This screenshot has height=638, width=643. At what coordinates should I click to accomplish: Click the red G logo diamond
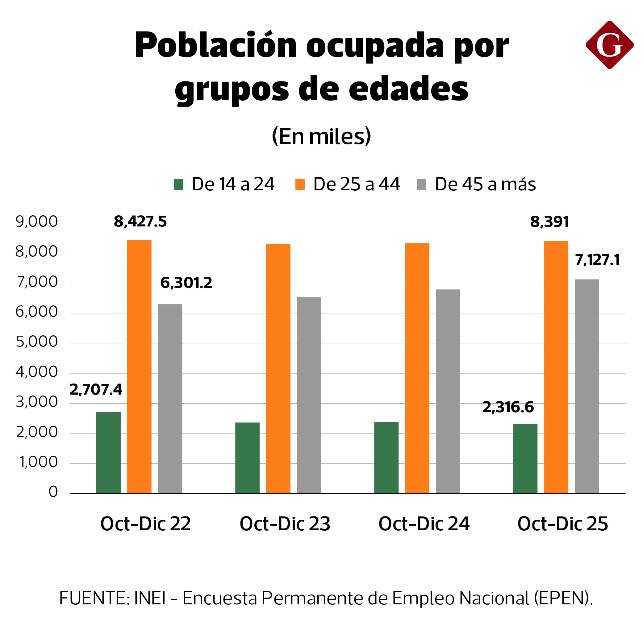pos(609,45)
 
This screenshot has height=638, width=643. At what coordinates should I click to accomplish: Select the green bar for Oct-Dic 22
pos(108,452)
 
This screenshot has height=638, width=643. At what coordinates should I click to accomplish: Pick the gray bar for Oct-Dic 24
pos(448,391)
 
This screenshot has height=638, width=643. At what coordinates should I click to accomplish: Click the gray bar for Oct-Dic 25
pos(587,386)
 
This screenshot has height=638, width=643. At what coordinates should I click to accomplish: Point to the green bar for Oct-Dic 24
pos(386,458)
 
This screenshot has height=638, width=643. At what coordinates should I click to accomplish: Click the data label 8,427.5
pos(140,222)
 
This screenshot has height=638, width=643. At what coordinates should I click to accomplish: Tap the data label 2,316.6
pos(508,407)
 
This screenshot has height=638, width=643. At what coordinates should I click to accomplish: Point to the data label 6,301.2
pos(186,283)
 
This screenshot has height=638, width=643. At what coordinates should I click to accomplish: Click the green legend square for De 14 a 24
pos(178,184)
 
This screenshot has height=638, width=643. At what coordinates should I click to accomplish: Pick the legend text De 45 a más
pos(485,184)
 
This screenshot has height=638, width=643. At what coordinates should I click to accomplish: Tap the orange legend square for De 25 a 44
pos(300,184)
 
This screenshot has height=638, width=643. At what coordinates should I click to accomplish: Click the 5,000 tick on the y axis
pos(37,342)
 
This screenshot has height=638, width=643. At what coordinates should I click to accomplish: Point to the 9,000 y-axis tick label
pos(37,222)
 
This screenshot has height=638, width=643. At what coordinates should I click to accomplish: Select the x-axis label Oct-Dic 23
pos(285,524)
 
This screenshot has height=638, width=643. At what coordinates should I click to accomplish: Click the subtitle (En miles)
pos(321,136)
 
